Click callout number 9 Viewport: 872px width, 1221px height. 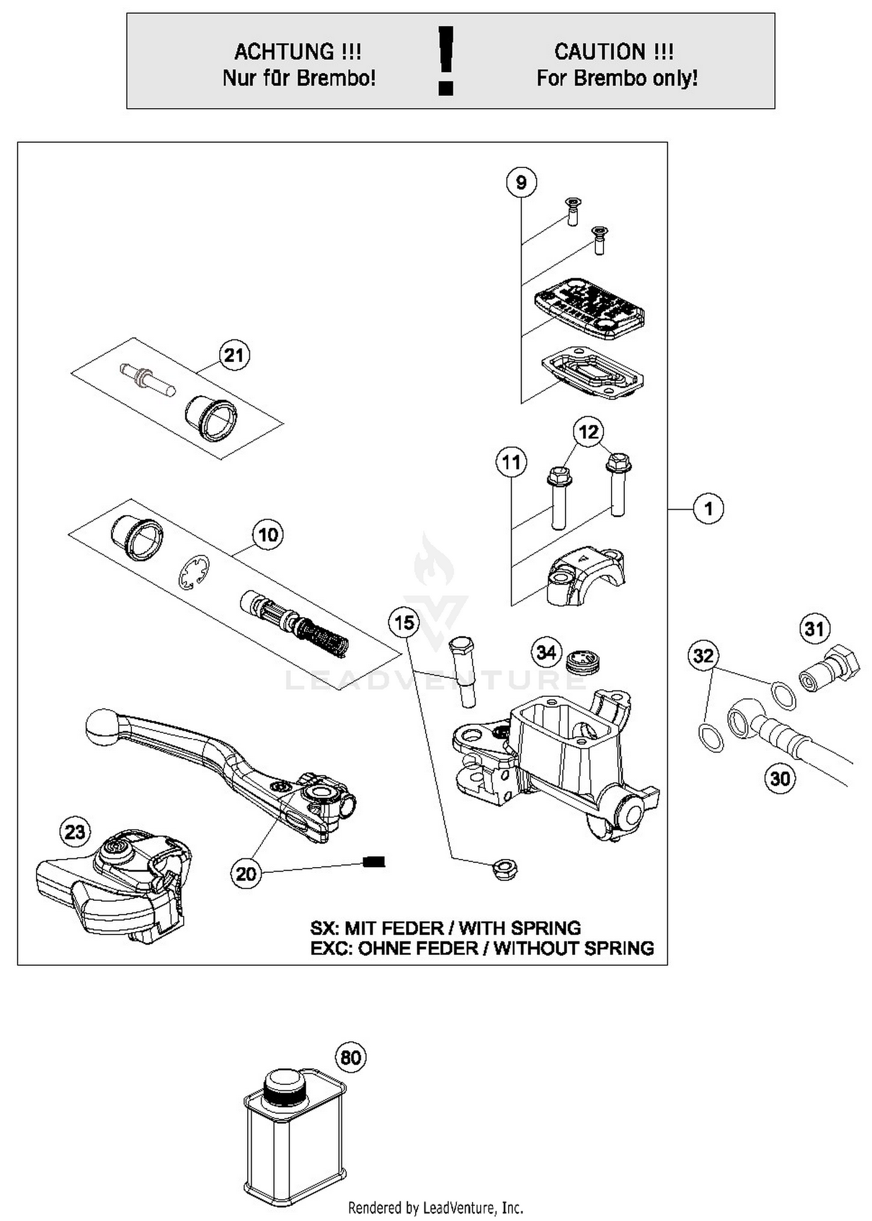(521, 182)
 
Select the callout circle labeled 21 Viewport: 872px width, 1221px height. (234, 355)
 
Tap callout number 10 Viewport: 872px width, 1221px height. (268, 535)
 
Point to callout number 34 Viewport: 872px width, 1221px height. (546, 652)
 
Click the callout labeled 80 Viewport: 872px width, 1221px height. (351, 1057)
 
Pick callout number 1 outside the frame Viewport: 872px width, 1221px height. (708, 509)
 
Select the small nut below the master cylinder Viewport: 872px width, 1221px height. (505, 869)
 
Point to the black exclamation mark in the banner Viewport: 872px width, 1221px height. (446, 60)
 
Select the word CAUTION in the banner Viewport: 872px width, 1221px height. (600, 52)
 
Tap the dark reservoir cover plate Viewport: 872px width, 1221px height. (589, 307)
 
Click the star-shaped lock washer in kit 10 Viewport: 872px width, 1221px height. (194, 572)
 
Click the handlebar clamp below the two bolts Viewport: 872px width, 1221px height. (584, 576)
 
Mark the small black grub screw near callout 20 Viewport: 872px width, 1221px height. (374, 862)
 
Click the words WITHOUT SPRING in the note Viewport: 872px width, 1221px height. (574, 948)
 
